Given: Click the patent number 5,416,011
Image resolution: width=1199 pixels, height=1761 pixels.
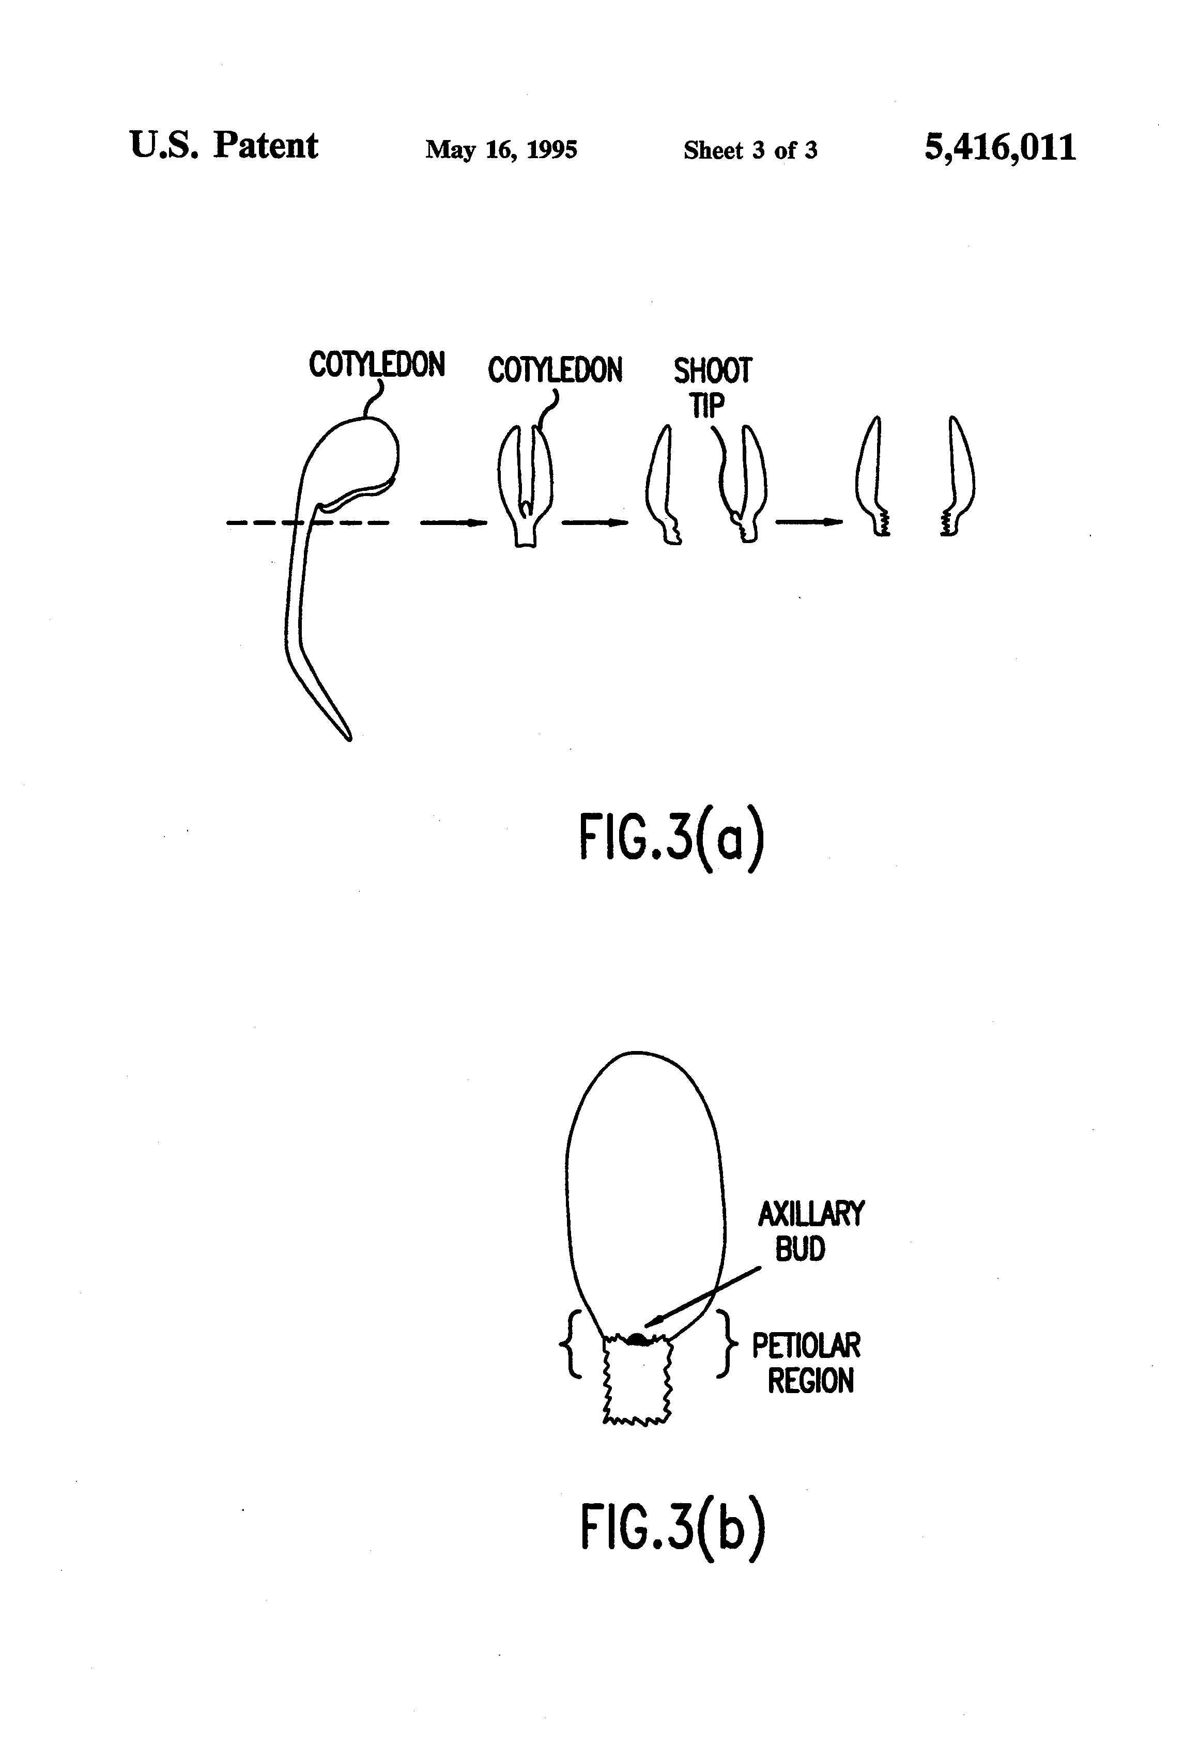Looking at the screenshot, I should click(999, 147).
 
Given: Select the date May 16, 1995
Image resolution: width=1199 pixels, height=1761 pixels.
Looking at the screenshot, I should click(501, 149).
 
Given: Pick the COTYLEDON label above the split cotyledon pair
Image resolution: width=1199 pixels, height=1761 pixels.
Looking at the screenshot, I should click(555, 370).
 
